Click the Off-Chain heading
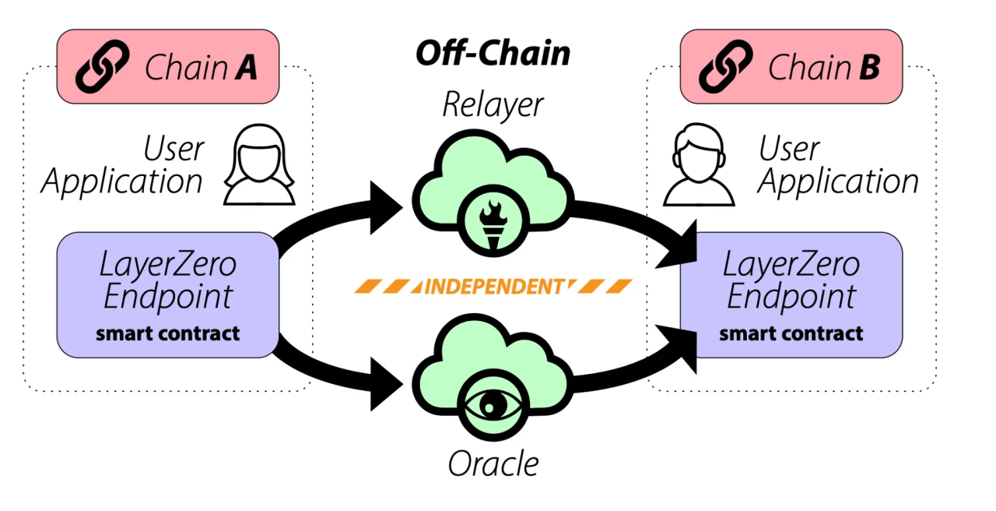pos(493,54)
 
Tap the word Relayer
pos(493,104)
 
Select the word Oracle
pos(493,463)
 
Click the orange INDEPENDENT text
pos(492,286)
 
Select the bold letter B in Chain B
pos(868,68)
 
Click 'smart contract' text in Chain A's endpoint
pos(167,334)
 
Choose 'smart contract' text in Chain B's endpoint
pos(791,334)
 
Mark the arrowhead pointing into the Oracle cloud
pos(385,381)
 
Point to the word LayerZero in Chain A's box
pos(167,266)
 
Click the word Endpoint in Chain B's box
pos(791,297)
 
